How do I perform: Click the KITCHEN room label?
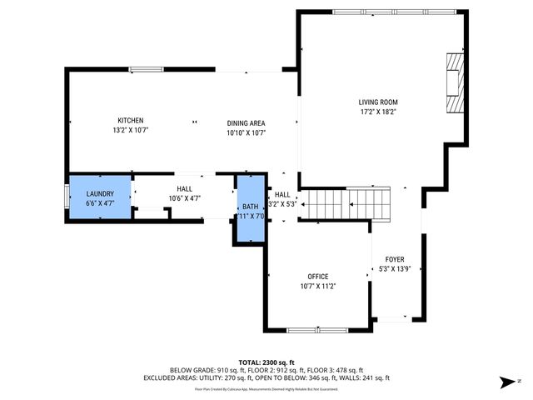130,120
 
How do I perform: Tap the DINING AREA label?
246,122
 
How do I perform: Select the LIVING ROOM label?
378,102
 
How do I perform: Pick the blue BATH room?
250,210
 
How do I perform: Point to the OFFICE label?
317,277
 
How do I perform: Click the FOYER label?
395,260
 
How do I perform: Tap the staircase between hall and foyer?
345,204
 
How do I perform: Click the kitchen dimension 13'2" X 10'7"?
130,130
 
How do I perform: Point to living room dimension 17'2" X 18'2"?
378,112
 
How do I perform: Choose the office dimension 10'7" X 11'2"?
317,287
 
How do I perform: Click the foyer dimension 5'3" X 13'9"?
395,270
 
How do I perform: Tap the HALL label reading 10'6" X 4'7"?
184,198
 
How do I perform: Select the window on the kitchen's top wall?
145,70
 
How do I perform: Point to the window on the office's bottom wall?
317,331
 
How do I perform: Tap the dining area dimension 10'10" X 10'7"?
246,132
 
